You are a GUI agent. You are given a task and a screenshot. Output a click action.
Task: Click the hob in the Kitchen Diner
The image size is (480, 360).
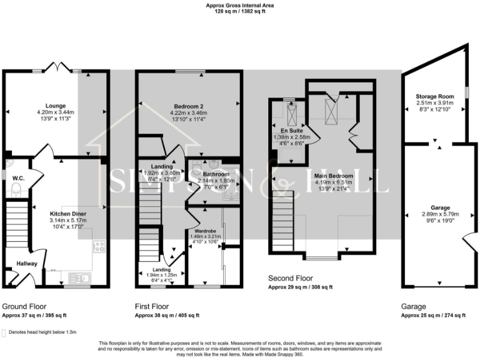(99, 247)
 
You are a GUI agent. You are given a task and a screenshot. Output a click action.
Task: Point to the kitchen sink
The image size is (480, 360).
(80, 277)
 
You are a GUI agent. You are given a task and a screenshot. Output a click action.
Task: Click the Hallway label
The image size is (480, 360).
(27, 264)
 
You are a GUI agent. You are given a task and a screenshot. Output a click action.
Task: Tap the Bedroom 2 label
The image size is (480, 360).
(188, 106)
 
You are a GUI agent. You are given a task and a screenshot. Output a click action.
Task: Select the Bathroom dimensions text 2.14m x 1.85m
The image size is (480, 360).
(216, 181)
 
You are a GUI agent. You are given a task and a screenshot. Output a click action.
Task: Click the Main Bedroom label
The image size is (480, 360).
(334, 176)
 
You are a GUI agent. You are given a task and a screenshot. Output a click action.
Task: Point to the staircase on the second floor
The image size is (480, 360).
(282, 212)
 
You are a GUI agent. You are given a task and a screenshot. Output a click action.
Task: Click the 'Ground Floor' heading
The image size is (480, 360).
(24, 307)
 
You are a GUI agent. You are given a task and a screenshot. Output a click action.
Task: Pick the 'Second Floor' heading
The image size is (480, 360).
(291, 277)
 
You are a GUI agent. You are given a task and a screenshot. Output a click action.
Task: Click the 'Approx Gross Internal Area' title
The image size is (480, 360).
(240, 6)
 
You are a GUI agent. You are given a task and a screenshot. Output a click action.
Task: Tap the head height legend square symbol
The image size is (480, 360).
(5, 333)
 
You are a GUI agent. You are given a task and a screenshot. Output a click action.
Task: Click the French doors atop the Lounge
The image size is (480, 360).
(57, 66)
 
